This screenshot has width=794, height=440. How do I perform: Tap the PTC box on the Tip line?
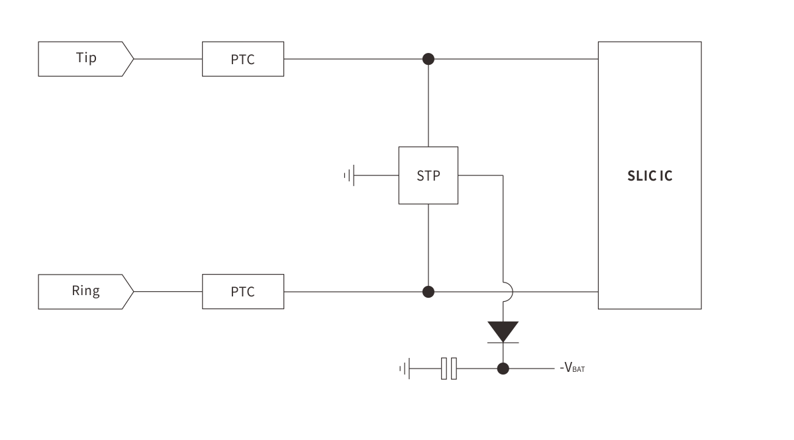click(243, 59)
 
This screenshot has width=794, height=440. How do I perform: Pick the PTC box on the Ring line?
click(243, 291)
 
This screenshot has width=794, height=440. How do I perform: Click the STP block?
click(428, 175)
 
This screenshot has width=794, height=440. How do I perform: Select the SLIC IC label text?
click(649, 177)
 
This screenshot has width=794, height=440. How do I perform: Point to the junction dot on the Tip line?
click(428, 59)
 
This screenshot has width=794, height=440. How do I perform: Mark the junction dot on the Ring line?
click(428, 291)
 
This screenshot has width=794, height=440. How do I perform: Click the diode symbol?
click(503, 331)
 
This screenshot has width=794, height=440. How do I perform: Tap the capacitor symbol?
click(449, 368)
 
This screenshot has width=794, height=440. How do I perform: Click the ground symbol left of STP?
click(349, 176)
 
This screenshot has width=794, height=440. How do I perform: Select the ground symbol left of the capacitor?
click(405, 368)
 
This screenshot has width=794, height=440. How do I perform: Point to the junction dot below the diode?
click(503, 368)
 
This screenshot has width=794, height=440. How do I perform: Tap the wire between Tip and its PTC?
click(168, 59)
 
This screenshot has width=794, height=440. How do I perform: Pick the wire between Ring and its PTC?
click(168, 291)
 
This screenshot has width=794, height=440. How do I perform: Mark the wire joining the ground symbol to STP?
click(376, 176)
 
